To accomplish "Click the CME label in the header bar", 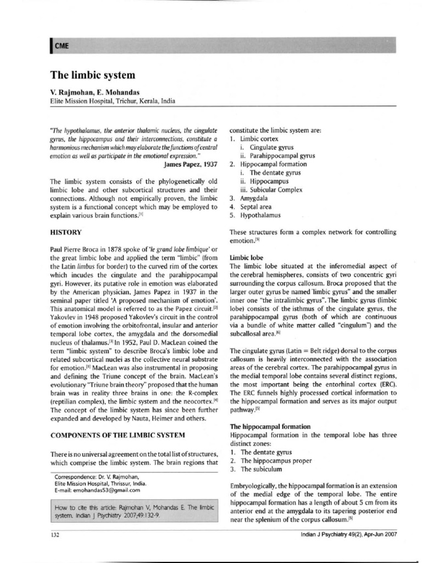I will (61, 46).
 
